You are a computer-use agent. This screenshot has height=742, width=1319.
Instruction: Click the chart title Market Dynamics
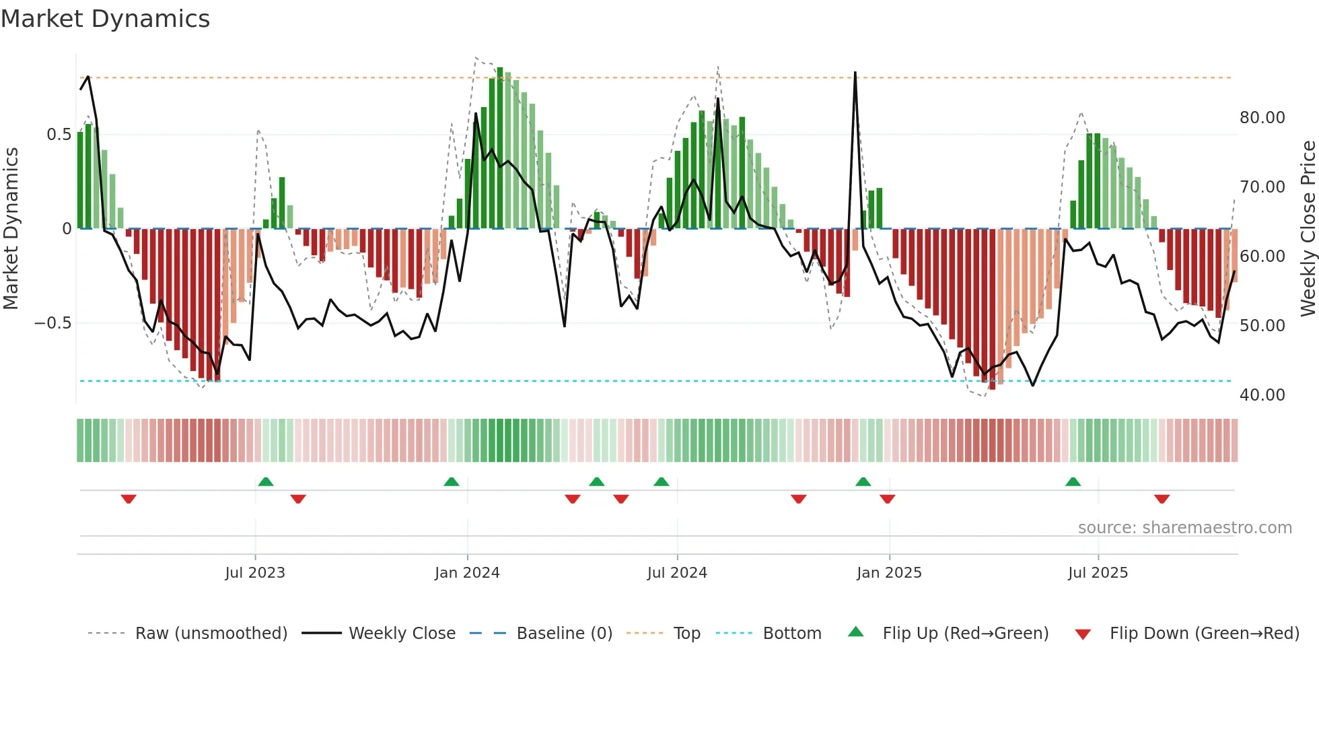pos(105,19)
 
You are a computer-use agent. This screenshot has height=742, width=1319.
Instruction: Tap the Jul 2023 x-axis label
pos(255,573)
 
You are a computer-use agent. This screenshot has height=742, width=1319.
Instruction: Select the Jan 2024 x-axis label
pos(467,573)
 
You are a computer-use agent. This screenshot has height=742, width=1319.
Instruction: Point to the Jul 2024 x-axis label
pos(677,573)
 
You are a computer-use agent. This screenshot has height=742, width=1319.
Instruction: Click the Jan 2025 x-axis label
pos(889,573)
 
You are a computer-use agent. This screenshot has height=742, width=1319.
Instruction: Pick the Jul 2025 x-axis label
pos(1098,573)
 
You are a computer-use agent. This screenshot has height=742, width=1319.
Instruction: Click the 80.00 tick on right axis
pos(1262,118)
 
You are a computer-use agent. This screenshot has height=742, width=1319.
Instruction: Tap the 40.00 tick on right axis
pos(1262,395)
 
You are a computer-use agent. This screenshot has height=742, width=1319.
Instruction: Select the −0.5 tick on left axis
pos(52,323)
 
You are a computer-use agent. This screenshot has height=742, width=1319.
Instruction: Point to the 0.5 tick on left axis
pos(59,135)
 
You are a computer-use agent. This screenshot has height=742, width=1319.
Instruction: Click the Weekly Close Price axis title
pos(1308,229)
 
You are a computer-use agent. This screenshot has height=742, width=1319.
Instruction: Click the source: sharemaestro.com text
pos(1184,528)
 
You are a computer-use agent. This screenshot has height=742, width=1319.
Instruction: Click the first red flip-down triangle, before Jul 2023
pos(129,499)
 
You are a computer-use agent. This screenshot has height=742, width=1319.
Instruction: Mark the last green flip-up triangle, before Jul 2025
pos(1073,481)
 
